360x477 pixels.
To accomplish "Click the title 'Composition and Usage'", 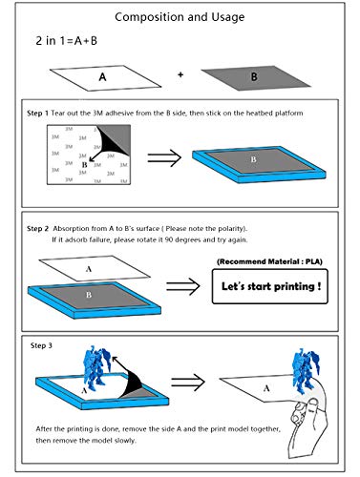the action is pos(180,17).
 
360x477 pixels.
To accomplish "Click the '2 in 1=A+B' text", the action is pos(66,41).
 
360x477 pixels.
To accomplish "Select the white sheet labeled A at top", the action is pos(105,78).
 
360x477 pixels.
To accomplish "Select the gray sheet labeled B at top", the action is pos(256,78).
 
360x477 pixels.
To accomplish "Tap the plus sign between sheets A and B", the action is pos(180,75).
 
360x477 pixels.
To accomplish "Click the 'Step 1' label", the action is pos(37,114).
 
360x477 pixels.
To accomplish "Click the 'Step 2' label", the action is pos(37,229).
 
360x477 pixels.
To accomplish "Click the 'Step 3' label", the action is pos(41,345).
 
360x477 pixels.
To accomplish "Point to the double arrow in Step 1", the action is pos(164,158).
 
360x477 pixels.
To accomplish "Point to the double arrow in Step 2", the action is pos(183,286).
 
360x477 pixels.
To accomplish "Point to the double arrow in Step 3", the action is pos(188,383).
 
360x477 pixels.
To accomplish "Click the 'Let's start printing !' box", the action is pos(270,286).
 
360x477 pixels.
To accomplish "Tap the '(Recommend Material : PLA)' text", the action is pos(269,261).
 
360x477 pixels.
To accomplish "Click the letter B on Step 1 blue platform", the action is pos(253,159).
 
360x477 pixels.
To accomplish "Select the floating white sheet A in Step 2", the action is pos(95,268).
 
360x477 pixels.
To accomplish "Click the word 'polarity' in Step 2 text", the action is pos(232,229).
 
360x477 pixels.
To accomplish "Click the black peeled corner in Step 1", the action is pos(112,144).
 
